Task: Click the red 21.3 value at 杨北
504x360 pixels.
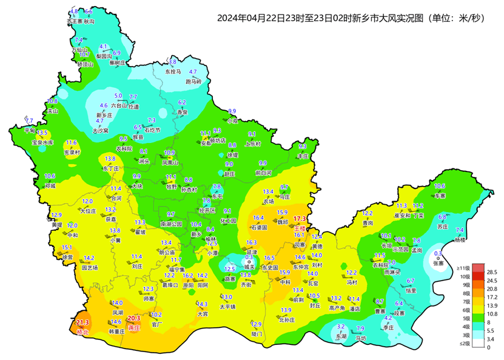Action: coord(82,323)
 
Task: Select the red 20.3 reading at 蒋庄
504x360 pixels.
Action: coord(134,318)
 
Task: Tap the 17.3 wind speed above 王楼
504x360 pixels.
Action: coord(300,219)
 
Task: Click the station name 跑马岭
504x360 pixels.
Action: coord(193,81)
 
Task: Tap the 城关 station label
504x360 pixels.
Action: coord(249,266)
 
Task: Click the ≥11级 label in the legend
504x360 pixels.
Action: coord(464,267)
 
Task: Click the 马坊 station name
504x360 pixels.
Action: coord(361,338)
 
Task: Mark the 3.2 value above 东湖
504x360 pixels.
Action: coord(341,327)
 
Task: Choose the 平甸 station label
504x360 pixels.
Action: coord(30,130)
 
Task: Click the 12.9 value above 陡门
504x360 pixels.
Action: coord(257,324)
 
